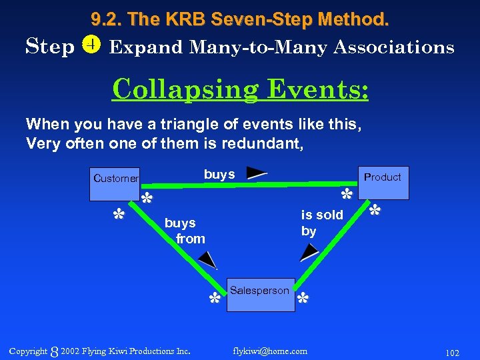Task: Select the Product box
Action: [383, 183]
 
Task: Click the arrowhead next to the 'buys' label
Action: [257, 173]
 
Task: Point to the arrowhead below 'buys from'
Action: [208, 260]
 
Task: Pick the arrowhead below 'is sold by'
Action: [310, 252]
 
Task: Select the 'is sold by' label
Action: [322, 223]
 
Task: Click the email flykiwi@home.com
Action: [270, 351]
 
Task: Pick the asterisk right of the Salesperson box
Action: [303, 297]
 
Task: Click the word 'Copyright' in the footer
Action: [28, 351]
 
